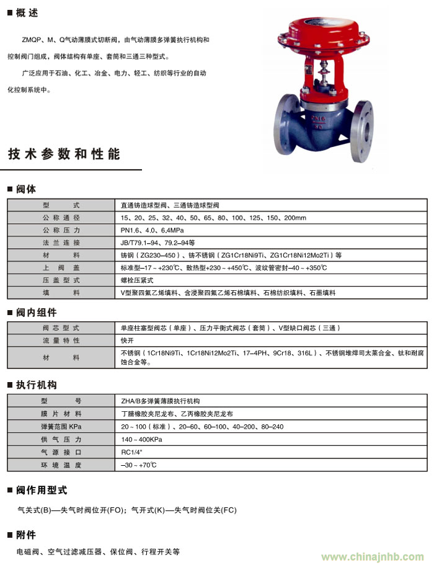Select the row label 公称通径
tap(61, 218)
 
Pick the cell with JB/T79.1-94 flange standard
tap(157, 243)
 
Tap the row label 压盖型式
tap(61, 280)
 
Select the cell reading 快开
tap(127, 341)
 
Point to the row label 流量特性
tap(61, 341)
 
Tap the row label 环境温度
tap(61, 465)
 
